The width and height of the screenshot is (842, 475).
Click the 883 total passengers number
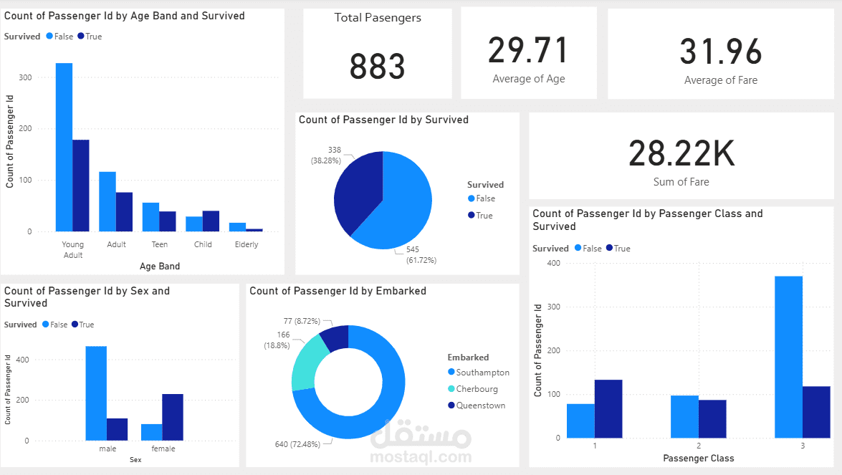click(377, 67)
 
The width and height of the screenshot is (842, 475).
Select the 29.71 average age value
click(528, 51)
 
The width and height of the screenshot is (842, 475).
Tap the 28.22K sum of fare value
click(681, 153)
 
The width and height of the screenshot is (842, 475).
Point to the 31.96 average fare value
click(720, 52)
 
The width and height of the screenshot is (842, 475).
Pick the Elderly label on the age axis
click(246, 244)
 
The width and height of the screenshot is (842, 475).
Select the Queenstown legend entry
click(480, 406)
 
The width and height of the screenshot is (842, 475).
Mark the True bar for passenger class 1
click(608, 408)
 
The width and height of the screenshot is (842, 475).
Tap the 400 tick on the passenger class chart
click(552, 263)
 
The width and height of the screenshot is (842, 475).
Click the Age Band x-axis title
click(160, 267)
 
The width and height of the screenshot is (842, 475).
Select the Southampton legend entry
click(482, 373)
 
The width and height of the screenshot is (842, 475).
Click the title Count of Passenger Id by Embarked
click(338, 291)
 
